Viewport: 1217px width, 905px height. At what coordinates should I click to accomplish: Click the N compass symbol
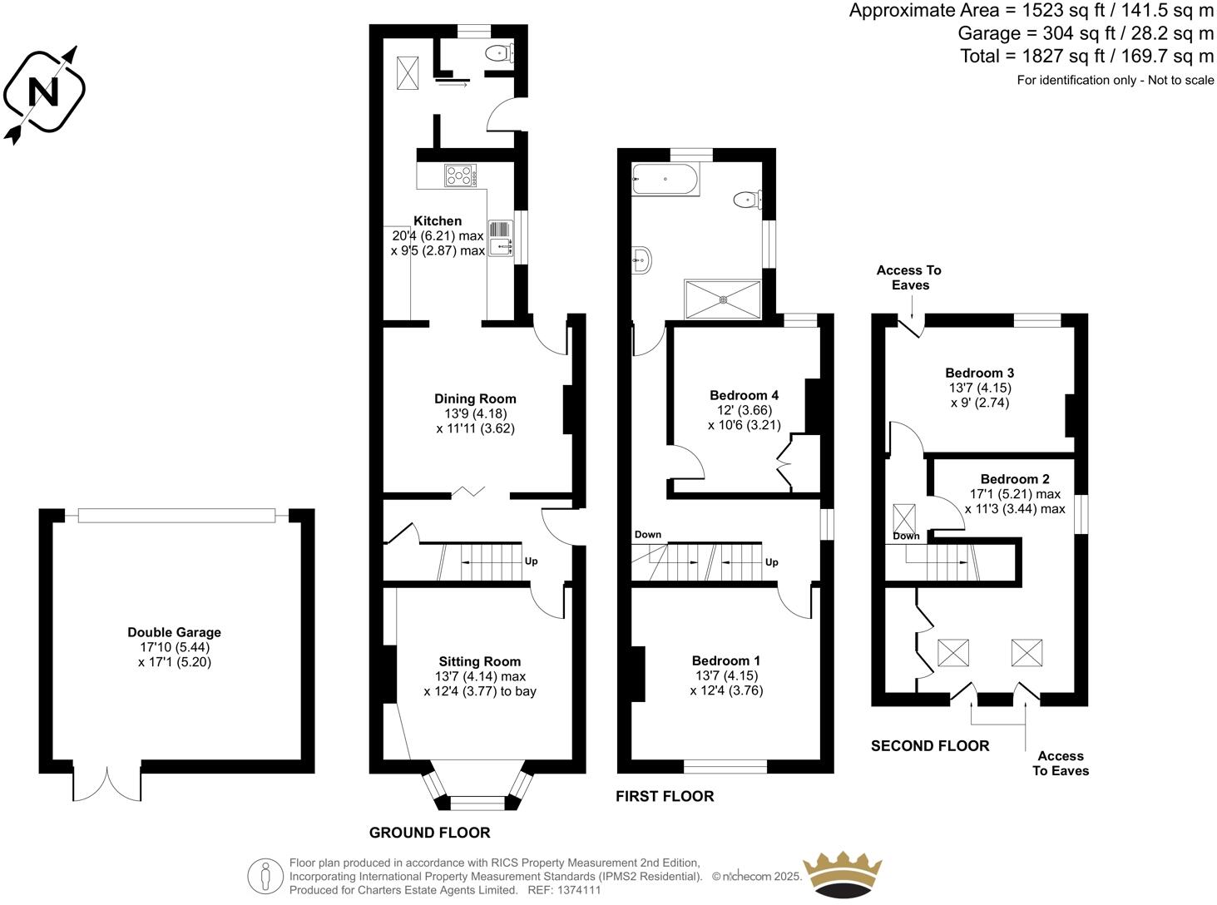tap(44, 91)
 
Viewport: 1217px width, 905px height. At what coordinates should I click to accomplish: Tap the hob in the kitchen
tap(460, 176)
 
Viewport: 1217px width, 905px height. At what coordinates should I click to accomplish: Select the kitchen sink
tap(501, 239)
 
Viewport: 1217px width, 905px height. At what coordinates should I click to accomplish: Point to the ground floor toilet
tap(497, 53)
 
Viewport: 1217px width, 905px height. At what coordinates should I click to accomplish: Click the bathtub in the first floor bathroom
tap(665, 179)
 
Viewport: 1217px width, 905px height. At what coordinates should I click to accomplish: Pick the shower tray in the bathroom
tap(722, 299)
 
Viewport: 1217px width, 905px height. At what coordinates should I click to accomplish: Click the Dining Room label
tap(475, 399)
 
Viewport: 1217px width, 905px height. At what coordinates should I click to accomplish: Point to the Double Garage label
tap(174, 632)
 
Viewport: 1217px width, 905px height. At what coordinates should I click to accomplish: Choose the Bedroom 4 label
tap(744, 395)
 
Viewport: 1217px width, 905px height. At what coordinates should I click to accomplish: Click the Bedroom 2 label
tap(1014, 479)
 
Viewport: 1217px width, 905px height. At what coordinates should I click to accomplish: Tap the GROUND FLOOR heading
tap(429, 833)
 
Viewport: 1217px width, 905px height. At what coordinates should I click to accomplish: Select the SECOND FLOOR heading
tap(929, 746)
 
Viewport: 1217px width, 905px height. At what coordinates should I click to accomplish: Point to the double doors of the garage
tap(107, 783)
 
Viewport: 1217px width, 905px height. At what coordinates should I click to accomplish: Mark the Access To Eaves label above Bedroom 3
tap(908, 278)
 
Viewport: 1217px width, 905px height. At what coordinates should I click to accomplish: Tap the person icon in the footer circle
tap(266, 876)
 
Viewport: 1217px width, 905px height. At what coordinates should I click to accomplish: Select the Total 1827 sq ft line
tap(1086, 56)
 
